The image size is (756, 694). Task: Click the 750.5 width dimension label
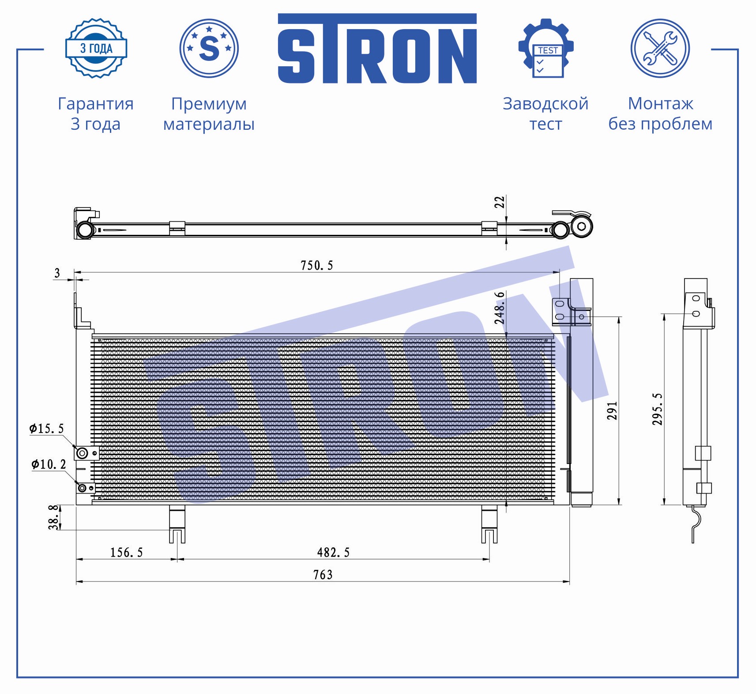[x=317, y=265]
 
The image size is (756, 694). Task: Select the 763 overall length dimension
[x=323, y=574]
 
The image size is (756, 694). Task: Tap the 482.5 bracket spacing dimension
[x=333, y=552]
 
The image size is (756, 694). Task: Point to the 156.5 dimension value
[x=126, y=552]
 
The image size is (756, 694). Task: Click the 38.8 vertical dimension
[x=54, y=517]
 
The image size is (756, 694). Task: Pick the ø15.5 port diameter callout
[x=47, y=428]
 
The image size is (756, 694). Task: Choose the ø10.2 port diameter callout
[x=49, y=464]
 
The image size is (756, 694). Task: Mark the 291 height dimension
[x=612, y=411]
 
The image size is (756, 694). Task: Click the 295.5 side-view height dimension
[x=658, y=409]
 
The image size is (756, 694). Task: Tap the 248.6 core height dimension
[x=499, y=308]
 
